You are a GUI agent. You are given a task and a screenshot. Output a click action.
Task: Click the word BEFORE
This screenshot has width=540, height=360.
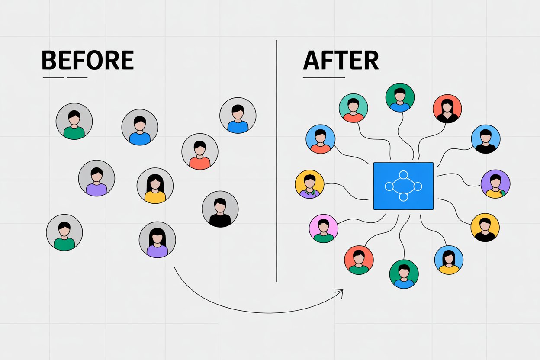pos(87,61)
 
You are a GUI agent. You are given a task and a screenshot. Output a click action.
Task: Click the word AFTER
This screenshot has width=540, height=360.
pos(341,61)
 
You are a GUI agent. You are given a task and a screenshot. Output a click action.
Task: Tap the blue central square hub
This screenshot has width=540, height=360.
pos(403,186)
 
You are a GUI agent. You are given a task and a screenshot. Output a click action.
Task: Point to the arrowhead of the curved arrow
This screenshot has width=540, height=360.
pos(341,291)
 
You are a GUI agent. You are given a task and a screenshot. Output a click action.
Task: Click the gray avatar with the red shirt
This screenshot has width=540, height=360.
pos(199,151)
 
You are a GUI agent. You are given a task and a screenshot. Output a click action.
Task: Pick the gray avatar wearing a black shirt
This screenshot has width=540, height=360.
pos(220,209)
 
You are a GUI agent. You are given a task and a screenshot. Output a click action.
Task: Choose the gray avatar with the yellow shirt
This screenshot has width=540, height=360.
pos(155,186)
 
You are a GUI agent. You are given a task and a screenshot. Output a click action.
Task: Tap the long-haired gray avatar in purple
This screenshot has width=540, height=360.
pos(157,240)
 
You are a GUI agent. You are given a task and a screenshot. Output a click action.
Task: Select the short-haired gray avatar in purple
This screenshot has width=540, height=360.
pos(96,178)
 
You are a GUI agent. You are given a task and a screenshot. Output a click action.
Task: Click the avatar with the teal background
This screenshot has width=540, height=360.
pos(353,108)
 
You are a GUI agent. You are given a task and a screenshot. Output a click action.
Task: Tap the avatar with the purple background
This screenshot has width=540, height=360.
pos(495,184)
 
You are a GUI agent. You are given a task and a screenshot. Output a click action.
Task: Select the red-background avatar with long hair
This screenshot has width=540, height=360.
pos(447,109)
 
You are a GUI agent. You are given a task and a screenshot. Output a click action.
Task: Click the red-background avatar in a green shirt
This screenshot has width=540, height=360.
pos(359,260)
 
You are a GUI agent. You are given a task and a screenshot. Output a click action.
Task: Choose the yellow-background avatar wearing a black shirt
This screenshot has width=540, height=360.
pos(485,227)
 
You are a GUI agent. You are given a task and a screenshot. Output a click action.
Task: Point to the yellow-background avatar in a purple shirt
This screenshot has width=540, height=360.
pos(309,184)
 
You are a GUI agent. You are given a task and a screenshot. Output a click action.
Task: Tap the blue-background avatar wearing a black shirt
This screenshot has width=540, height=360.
pos(485,139)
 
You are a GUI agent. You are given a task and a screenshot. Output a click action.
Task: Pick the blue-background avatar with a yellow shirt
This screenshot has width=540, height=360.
pos(449,260)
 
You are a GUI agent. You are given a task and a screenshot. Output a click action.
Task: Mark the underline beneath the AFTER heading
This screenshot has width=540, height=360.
pos(324,78)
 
